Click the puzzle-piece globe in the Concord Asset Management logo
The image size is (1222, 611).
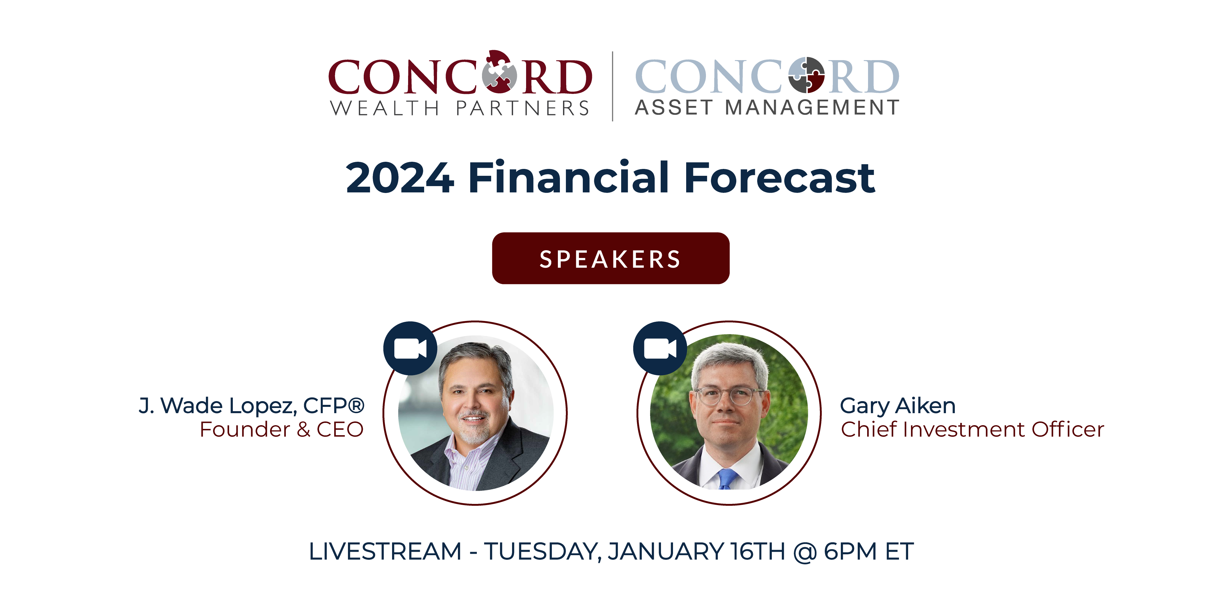point(806,75)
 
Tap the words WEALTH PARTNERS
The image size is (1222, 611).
point(459,108)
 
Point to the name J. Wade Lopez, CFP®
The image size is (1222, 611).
point(251,406)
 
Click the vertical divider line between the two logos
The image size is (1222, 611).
point(612,86)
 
